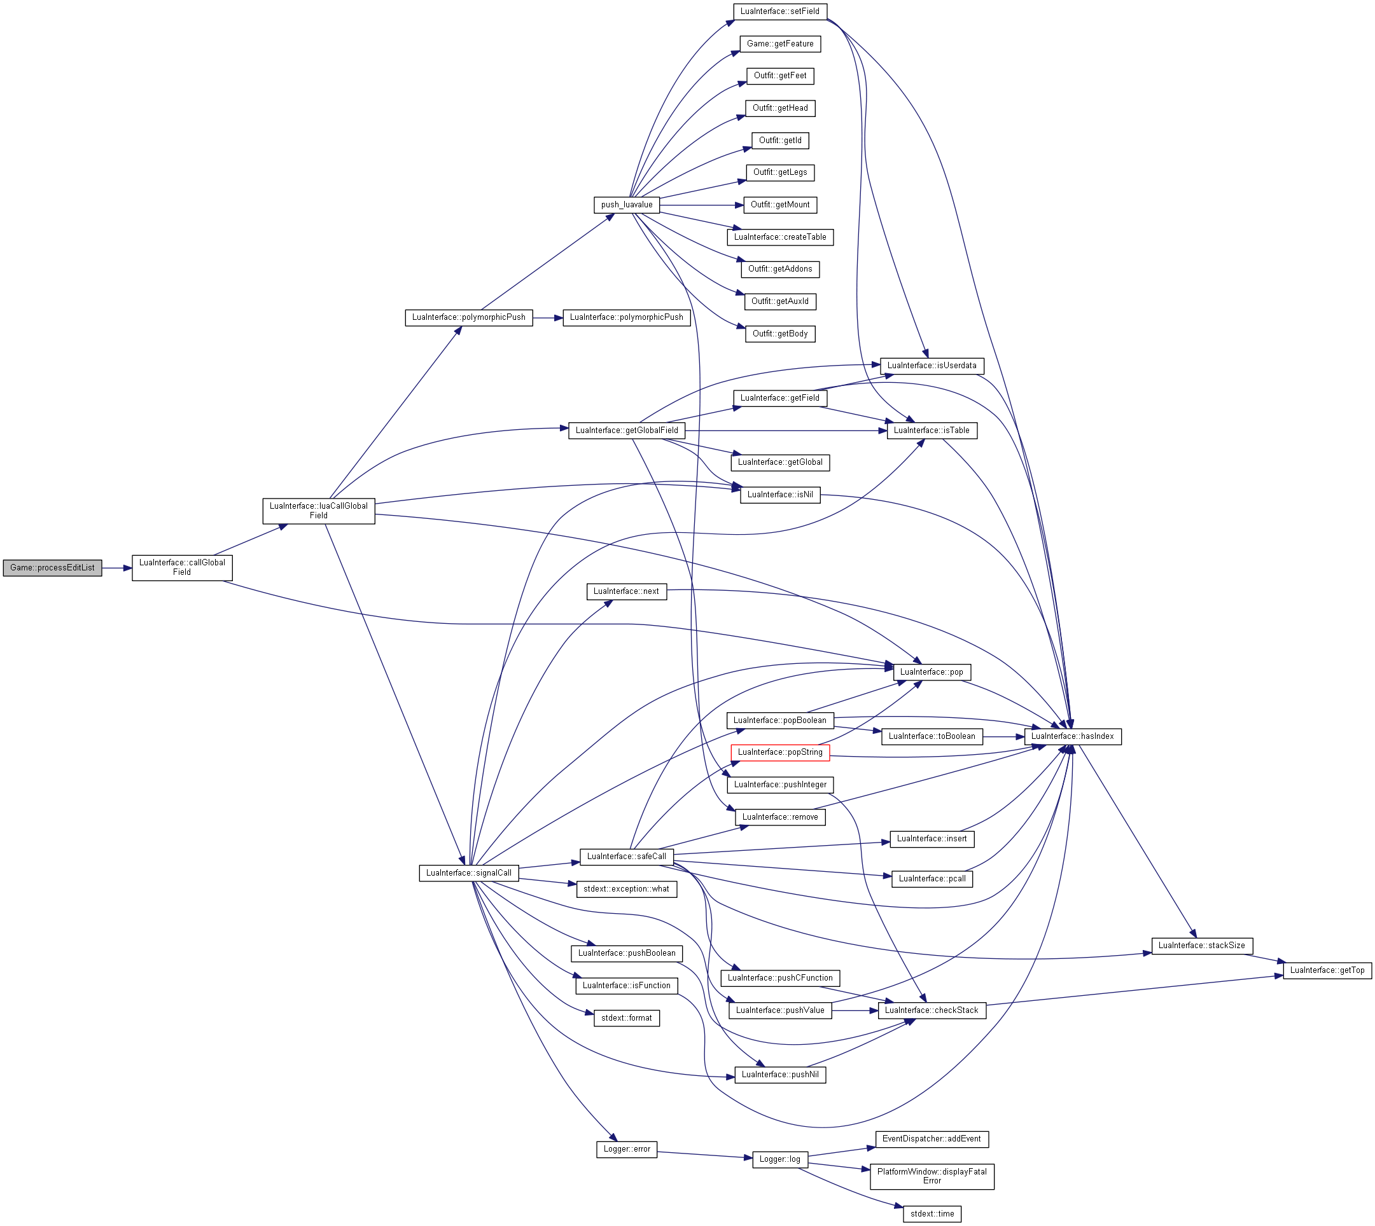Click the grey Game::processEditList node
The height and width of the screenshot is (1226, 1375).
coord(53,568)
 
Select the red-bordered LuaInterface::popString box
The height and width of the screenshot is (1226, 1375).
coord(780,752)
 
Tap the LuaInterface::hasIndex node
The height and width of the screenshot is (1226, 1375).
coord(1072,736)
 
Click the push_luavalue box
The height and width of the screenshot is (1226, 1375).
coord(627,205)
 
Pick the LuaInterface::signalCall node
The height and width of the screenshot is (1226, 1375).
coord(469,873)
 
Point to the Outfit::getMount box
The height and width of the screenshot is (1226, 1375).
coord(781,205)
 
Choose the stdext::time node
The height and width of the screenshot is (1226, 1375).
coord(932,1214)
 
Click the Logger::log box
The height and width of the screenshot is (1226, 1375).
coord(780,1159)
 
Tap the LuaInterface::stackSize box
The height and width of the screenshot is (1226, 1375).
coord(1202,945)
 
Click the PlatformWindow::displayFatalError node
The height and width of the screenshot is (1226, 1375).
coord(932,1176)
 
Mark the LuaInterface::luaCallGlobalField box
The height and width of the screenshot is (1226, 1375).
coord(319,511)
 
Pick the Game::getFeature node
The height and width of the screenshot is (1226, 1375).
coord(781,44)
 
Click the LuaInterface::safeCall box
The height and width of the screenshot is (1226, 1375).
coord(627,857)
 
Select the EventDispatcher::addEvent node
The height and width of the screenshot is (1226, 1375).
coord(932,1139)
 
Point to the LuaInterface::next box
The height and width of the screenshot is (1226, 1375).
coord(626,591)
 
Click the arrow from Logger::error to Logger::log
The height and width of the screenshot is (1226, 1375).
coord(705,1155)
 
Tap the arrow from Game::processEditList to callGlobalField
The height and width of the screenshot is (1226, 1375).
coord(117,568)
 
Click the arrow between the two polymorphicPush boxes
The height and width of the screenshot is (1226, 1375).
coord(548,317)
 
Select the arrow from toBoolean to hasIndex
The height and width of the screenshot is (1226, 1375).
coord(1003,736)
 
